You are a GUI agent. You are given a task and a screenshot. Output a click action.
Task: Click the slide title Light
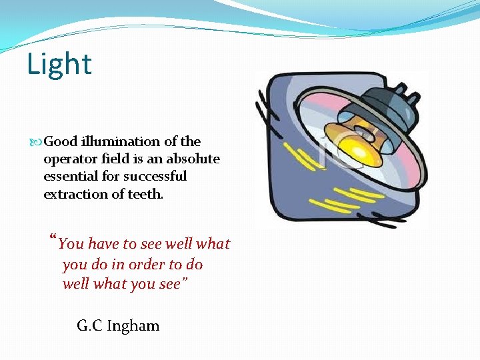pyautogui.click(x=59, y=65)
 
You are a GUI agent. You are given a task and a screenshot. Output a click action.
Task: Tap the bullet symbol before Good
pyautogui.click(x=37, y=142)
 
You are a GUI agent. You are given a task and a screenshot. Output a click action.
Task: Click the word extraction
pyautogui.click(x=75, y=194)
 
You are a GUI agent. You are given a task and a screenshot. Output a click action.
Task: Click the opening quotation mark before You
pyautogui.click(x=53, y=240)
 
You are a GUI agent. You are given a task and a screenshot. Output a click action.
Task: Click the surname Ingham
pyautogui.click(x=134, y=326)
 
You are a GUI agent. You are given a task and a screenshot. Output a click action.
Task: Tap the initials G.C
pyautogui.click(x=90, y=326)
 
